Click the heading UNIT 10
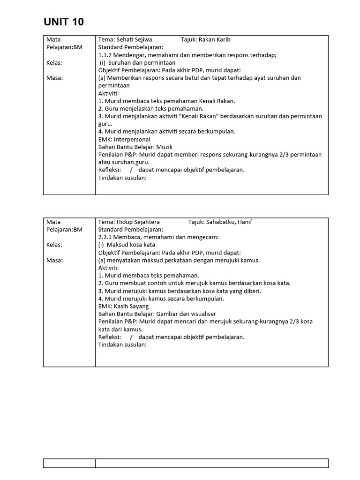pyautogui.click(x=64, y=22)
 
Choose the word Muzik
pyautogui.click(x=165, y=147)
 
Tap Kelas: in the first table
pyautogui.click(x=54, y=62)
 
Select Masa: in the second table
pyautogui.click(x=54, y=260)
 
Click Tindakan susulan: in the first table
pyautogui.click(x=122, y=178)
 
